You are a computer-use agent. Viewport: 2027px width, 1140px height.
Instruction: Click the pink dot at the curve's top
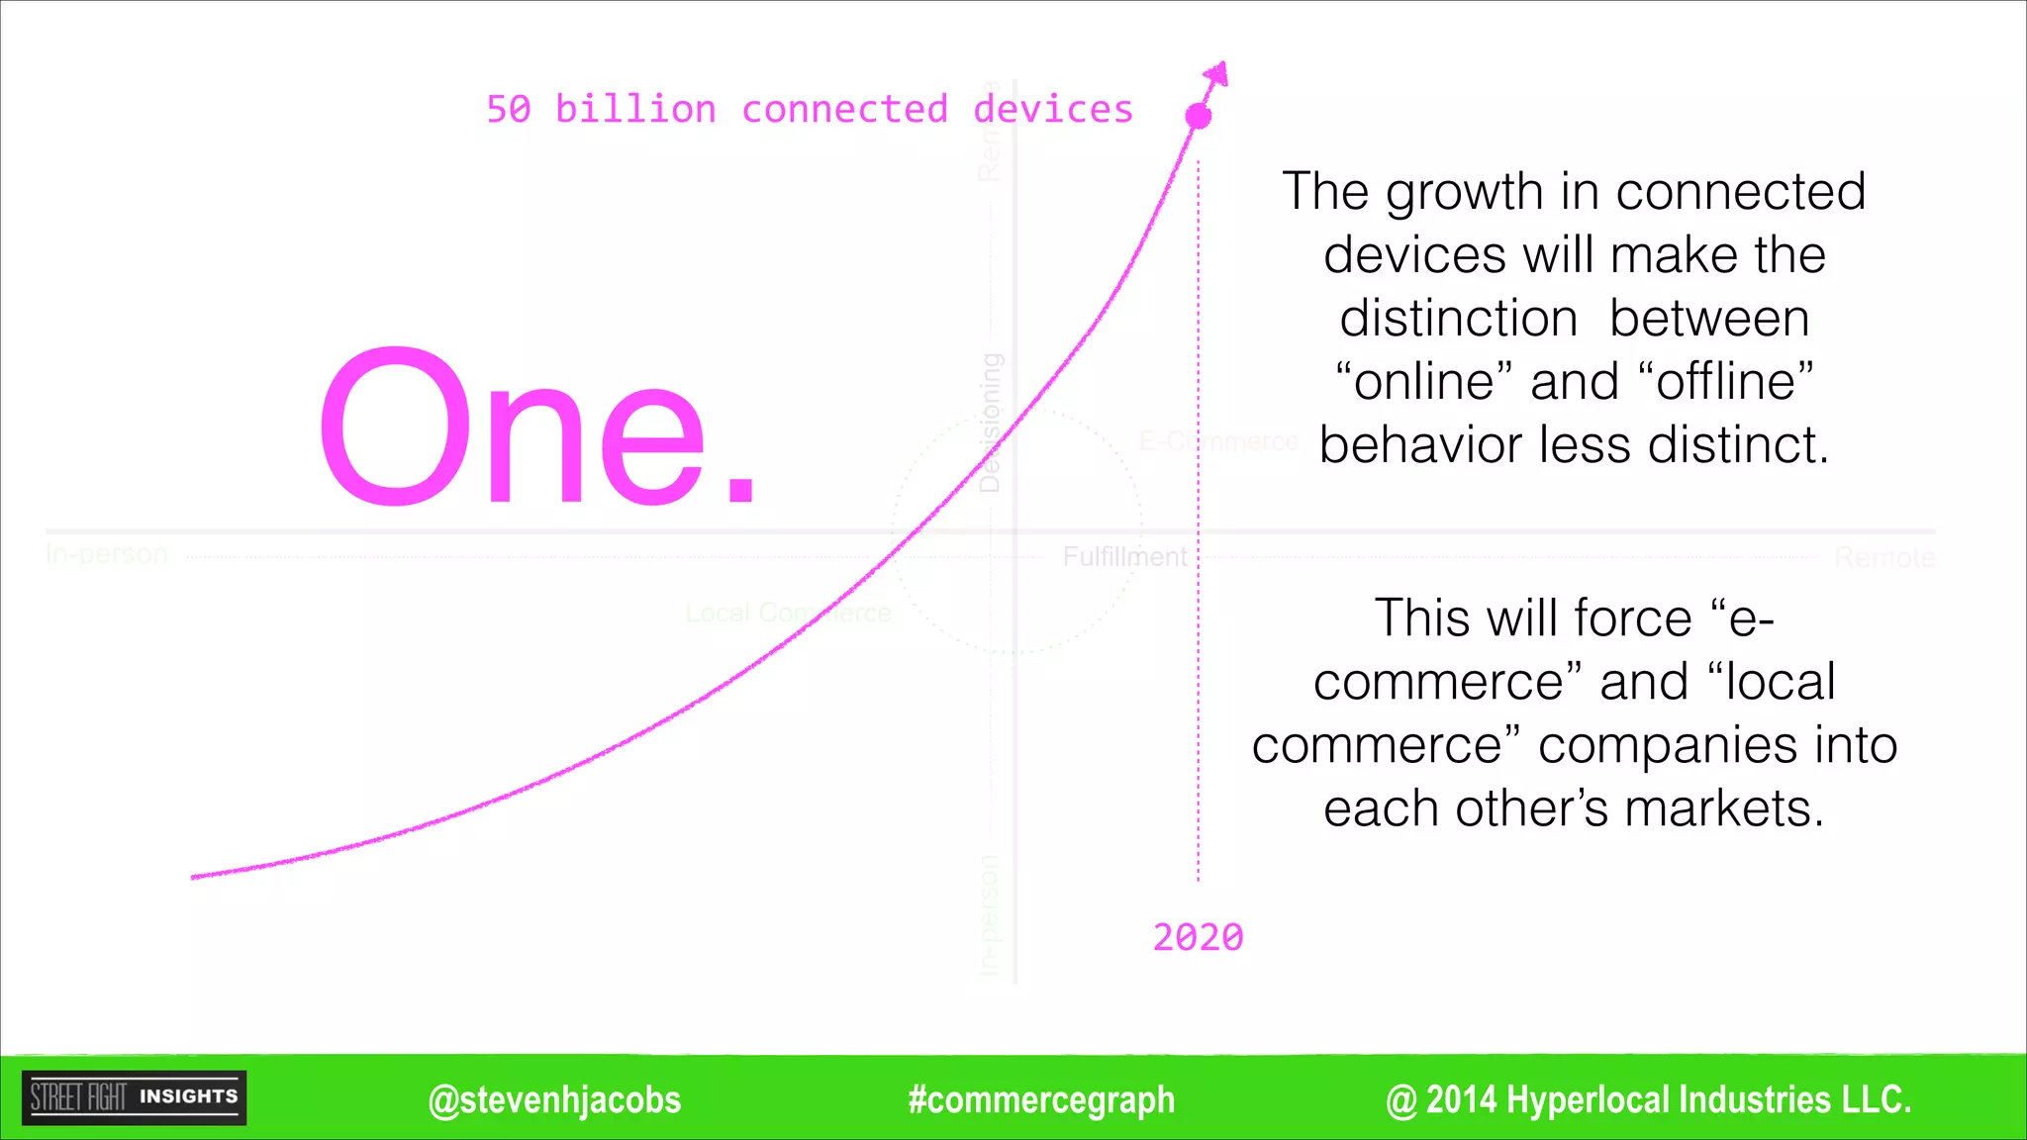coord(1199,116)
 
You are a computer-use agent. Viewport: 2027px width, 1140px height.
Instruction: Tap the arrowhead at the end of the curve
coord(1217,74)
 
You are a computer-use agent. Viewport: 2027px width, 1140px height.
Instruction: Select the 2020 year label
coord(1198,937)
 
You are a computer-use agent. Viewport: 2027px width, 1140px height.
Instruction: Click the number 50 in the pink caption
coord(509,109)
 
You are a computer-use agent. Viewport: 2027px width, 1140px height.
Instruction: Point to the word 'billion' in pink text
coord(635,109)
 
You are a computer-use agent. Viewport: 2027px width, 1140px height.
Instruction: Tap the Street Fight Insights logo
coord(135,1097)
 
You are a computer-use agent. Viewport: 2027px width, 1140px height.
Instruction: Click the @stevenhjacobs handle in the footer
coord(554,1099)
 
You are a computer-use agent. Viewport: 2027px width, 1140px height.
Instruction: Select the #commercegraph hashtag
coord(1041,1099)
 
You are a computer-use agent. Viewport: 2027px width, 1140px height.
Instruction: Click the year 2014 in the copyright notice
coord(1461,1099)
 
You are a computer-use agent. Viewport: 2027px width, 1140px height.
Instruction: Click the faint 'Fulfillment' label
coord(1124,557)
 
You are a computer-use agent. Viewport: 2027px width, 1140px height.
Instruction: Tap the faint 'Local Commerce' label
coord(788,614)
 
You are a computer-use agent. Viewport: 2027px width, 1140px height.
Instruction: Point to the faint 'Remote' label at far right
coord(1884,558)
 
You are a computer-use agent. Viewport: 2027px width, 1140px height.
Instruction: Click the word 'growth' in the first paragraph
coord(1465,193)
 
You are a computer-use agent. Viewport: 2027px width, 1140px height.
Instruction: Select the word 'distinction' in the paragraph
coord(1459,319)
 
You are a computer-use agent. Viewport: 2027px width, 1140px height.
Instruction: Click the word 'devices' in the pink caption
coord(1053,109)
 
